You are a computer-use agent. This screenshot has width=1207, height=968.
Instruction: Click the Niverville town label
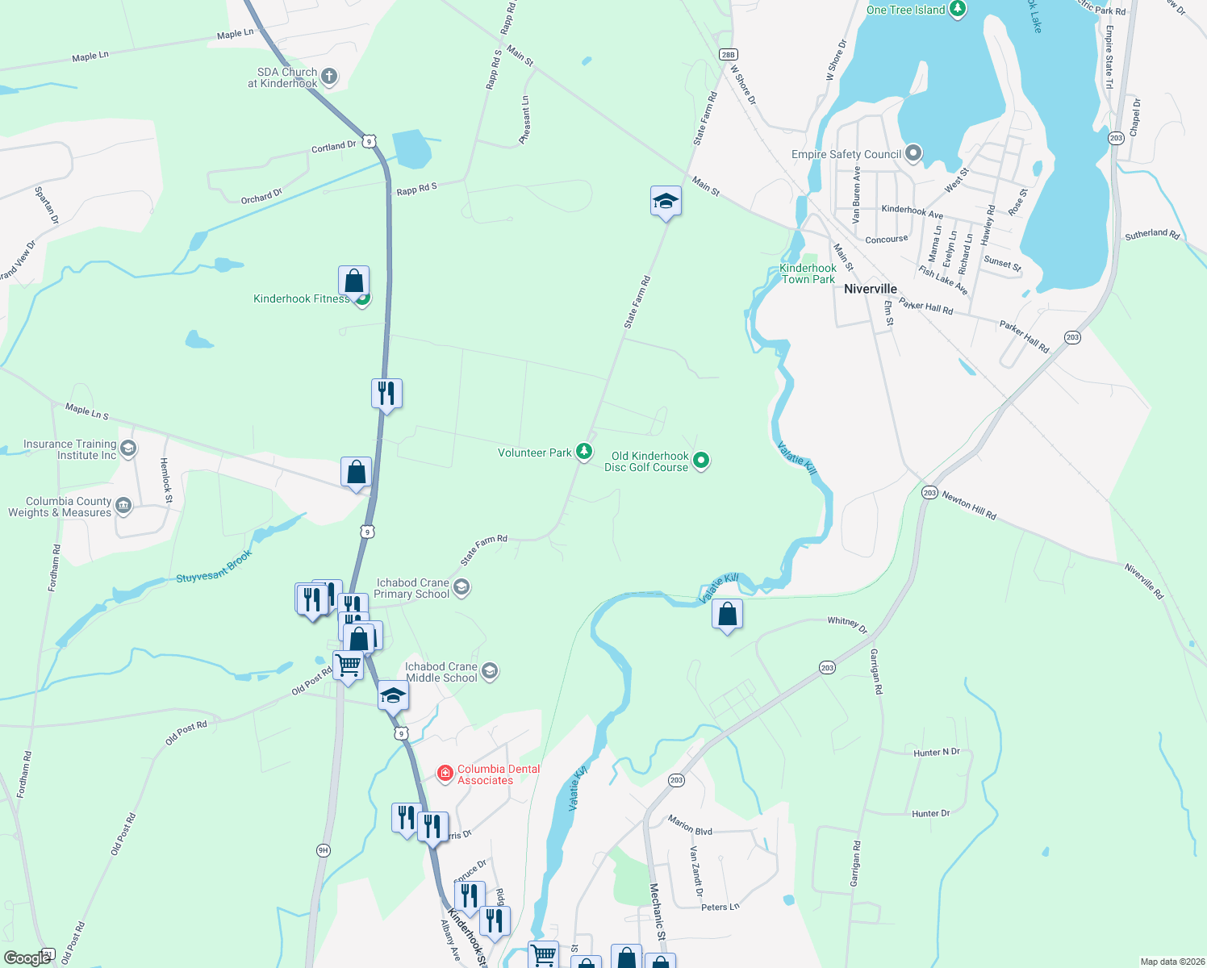[870, 289]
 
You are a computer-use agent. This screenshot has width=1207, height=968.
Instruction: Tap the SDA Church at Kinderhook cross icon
[329, 77]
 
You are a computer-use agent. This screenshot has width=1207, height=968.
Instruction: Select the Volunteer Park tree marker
[584, 452]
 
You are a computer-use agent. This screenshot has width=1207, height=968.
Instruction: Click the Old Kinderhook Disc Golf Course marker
[701, 461]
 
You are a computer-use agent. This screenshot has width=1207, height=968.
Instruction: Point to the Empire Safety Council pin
[913, 152]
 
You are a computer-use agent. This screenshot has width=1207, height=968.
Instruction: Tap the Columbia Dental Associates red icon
[445, 774]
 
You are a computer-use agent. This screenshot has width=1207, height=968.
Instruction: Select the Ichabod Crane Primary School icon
[461, 587]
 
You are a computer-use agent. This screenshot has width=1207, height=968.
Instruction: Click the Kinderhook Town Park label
[808, 273]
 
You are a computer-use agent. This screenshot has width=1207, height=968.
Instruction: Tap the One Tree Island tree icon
[958, 10]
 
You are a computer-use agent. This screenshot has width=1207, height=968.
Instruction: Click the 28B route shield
[728, 55]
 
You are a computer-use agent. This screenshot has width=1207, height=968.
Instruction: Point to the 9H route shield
[323, 850]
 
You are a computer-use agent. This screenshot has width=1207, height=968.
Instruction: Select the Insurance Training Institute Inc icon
[127, 448]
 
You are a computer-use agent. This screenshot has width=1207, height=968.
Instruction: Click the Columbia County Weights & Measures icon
[123, 506]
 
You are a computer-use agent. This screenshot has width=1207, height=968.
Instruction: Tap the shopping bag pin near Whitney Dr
[727, 615]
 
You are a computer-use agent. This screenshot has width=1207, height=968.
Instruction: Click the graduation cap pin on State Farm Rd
[666, 201]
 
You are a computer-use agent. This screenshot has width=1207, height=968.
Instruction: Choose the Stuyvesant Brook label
[214, 566]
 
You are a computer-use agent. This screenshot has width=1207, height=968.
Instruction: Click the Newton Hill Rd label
[969, 505]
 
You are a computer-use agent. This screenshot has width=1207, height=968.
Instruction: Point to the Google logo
[27, 958]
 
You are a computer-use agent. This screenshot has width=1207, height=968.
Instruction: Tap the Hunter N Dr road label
[936, 752]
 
